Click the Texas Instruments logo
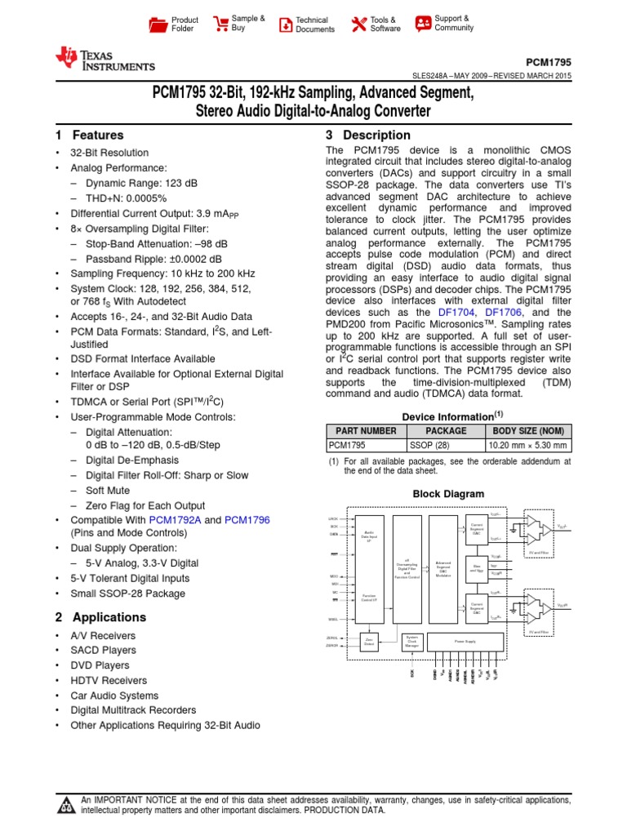pyautogui.click(x=104, y=59)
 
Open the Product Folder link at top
pyautogui.click(x=172, y=24)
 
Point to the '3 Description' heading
pyautogui.click(x=368, y=136)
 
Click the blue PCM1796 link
pyautogui.click(x=247, y=520)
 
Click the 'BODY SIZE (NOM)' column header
pyautogui.click(x=528, y=431)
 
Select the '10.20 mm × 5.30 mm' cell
pyautogui.click(x=528, y=446)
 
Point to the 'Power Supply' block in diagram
pyautogui.click(x=465, y=642)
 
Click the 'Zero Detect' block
pyautogui.click(x=370, y=642)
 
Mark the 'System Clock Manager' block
pyautogui.click(x=411, y=642)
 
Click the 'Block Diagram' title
pyautogui.click(x=448, y=494)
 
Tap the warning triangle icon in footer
pyautogui.click(x=64, y=807)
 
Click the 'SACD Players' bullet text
pyautogui.click(x=101, y=651)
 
